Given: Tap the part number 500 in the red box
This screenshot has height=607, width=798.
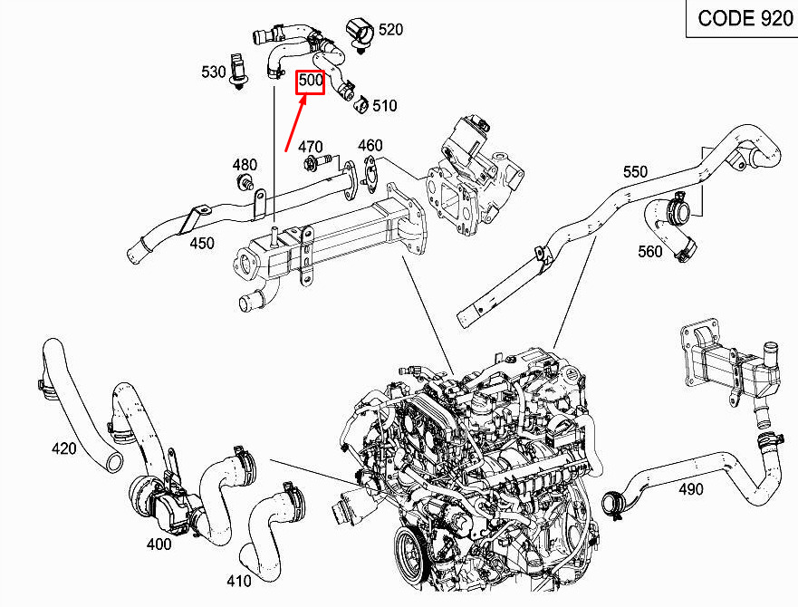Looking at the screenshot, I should tap(311, 82).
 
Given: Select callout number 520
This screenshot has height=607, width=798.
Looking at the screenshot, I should tap(390, 30).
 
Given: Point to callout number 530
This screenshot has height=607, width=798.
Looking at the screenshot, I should tap(214, 72).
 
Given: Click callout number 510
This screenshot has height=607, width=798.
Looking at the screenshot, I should tap(384, 106).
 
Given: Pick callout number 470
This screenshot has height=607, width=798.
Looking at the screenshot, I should tap(311, 147).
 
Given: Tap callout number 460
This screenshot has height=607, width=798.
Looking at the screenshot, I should tap(370, 145).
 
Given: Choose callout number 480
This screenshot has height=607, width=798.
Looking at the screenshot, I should tap(245, 165).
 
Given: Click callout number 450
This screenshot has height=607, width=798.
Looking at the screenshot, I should tap(202, 242).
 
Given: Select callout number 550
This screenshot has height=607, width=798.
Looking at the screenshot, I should tap(635, 171).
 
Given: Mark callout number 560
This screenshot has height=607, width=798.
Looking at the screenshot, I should tap(650, 252).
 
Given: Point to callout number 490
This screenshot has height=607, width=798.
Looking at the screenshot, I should tap(690, 489).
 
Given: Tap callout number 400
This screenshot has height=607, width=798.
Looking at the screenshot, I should tap(159, 544).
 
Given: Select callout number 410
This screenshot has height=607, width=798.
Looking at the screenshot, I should tap(239, 581).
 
